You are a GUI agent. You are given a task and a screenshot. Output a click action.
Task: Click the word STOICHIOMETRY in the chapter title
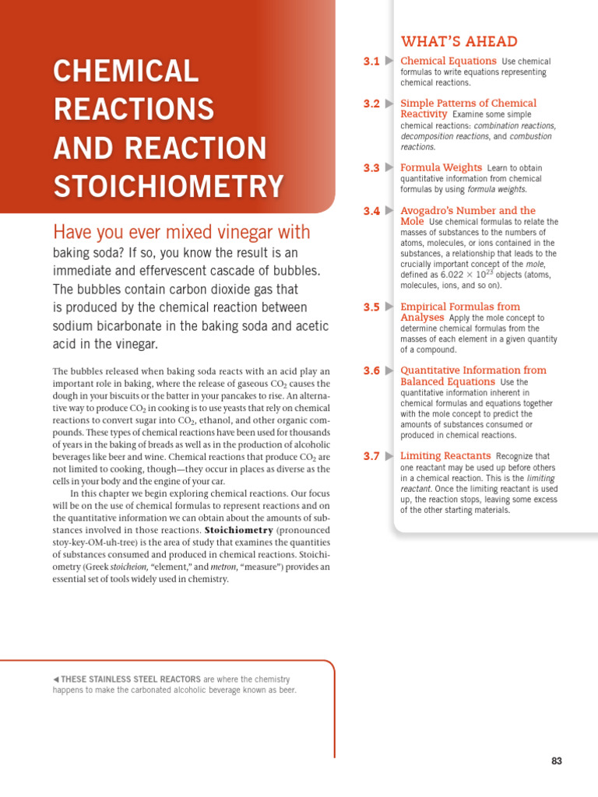pyautogui.click(x=168, y=187)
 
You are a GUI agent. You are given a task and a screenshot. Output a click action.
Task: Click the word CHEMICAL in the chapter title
pyautogui.click(x=126, y=72)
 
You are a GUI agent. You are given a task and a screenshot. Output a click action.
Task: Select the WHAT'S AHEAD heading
pyautogui.click(x=459, y=42)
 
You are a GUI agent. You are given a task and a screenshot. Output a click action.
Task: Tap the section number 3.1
pyautogui.click(x=371, y=61)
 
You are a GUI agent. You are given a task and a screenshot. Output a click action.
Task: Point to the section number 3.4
pyautogui.click(x=371, y=211)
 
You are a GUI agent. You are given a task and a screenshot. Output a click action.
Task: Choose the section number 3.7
pyautogui.click(x=371, y=456)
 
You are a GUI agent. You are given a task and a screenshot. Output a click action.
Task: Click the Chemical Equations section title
pyautogui.click(x=448, y=61)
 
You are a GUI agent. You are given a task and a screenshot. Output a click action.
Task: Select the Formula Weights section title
pyautogui.click(x=440, y=167)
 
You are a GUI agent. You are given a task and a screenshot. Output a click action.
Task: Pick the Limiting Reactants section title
pyautogui.click(x=445, y=456)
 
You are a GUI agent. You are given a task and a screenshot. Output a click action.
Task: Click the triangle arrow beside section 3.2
pyautogui.click(x=389, y=104)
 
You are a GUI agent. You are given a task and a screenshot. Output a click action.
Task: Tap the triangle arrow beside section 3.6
pyautogui.click(x=389, y=371)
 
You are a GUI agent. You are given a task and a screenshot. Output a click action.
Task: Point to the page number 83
pyautogui.click(x=556, y=761)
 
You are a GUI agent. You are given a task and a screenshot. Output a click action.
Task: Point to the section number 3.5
pyautogui.click(x=371, y=307)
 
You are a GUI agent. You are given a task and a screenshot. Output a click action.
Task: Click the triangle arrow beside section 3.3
pyautogui.click(x=389, y=168)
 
